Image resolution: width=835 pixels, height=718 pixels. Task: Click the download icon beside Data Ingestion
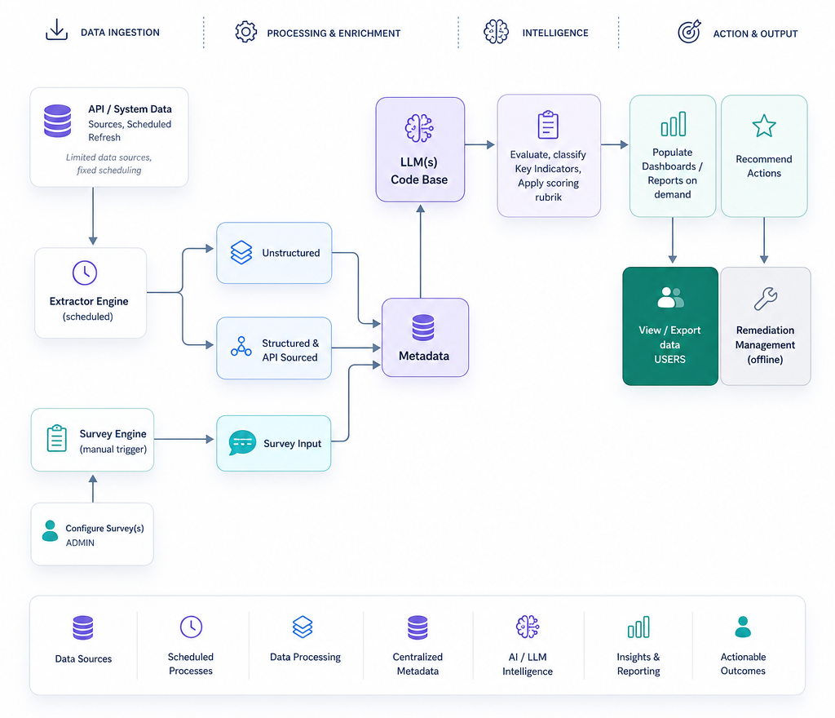pos(56,30)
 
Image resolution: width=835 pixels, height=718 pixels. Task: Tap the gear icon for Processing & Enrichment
pos(245,32)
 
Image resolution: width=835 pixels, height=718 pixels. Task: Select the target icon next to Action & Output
pos(689,32)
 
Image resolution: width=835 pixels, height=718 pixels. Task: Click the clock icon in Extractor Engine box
pos(85,273)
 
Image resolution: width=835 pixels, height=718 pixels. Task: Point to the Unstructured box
pos(274,253)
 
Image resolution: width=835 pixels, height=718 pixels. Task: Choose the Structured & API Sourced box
pos(274,348)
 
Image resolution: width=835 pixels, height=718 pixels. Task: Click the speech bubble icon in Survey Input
pos(242,442)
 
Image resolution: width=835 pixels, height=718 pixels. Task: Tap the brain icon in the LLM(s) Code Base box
pos(419,128)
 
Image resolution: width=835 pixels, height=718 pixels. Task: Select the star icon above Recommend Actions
pos(764,126)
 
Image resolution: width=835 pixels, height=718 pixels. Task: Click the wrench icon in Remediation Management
pos(766,299)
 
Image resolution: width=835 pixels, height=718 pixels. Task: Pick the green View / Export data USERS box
pos(670,326)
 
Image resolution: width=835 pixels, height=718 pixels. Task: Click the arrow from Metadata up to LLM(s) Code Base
pos(421,251)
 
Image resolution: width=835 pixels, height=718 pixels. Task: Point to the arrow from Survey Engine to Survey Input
pos(183,440)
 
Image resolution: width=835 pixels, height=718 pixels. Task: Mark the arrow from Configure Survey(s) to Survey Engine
pos(93,489)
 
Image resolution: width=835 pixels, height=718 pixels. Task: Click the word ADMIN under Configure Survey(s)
pos(80,543)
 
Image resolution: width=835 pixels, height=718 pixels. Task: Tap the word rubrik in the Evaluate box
pos(549,197)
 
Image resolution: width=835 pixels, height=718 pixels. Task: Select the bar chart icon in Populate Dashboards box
pos(673,124)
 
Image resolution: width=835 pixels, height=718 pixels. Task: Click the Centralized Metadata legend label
pos(417,663)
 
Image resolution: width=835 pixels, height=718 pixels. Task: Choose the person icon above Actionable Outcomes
pos(743,627)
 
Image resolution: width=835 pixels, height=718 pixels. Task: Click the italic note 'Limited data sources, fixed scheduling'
pos(109,163)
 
